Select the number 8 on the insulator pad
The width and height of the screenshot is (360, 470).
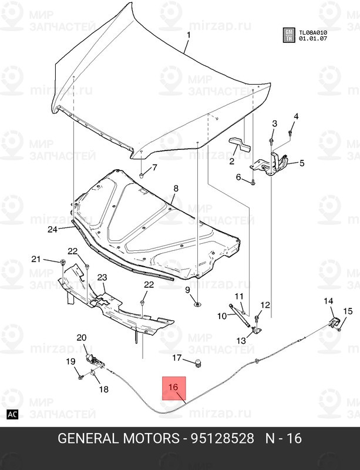(175, 189)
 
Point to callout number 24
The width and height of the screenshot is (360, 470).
(53, 230)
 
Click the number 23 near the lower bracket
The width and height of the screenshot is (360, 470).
(102, 277)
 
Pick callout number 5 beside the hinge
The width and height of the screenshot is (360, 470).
(302, 163)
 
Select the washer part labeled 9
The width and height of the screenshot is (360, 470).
(196, 304)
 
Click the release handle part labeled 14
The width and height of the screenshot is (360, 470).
(333, 321)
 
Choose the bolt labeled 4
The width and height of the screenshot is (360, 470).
(291, 136)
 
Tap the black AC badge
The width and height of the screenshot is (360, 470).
(13, 415)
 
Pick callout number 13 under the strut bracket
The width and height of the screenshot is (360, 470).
(241, 341)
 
